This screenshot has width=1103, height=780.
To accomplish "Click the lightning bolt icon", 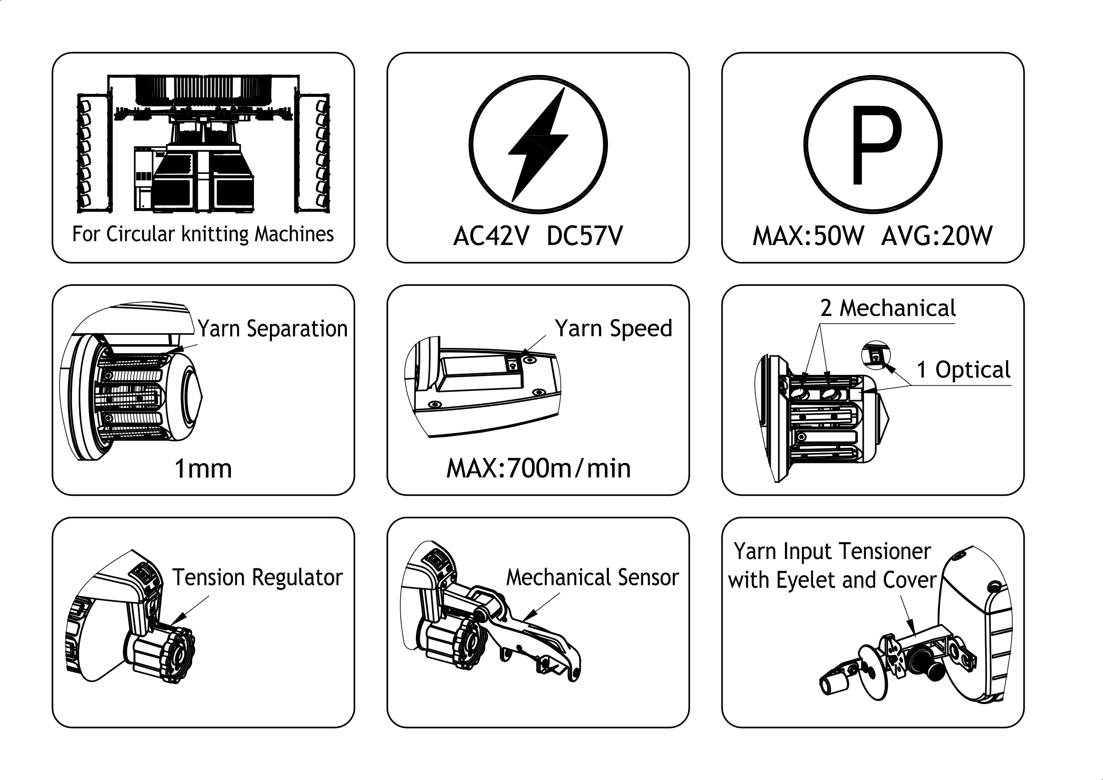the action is click(538, 145).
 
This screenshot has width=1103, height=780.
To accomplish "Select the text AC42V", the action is click(491, 236).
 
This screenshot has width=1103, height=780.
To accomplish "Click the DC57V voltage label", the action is click(585, 236).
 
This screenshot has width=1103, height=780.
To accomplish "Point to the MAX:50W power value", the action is click(808, 236).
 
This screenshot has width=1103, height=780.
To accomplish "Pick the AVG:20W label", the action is click(937, 236).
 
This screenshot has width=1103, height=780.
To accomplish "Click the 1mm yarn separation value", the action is click(203, 469).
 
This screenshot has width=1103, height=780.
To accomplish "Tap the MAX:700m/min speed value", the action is click(539, 469).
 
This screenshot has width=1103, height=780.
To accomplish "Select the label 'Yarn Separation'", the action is click(272, 329).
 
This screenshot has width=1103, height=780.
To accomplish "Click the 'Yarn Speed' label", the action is click(613, 329).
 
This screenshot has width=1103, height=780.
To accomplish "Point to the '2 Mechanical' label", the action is click(888, 308).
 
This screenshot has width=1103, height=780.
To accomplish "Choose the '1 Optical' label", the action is click(963, 370).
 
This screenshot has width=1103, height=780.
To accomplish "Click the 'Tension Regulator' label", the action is click(258, 577).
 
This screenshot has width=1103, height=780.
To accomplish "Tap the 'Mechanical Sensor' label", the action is click(593, 577).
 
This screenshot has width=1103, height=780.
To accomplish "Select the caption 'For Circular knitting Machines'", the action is click(203, 234).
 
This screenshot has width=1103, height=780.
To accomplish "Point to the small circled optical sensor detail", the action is click(876, 355).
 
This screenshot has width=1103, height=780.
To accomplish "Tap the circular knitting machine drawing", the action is click(203, 144).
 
